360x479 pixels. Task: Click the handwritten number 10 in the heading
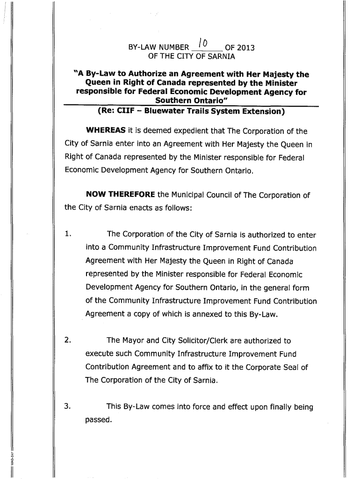coord(204,45)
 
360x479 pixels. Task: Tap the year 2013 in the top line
coord(246,48)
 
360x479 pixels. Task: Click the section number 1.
coord(68,234)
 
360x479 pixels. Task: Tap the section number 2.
coord(68,341)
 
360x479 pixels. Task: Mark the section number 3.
coord(68,406)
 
